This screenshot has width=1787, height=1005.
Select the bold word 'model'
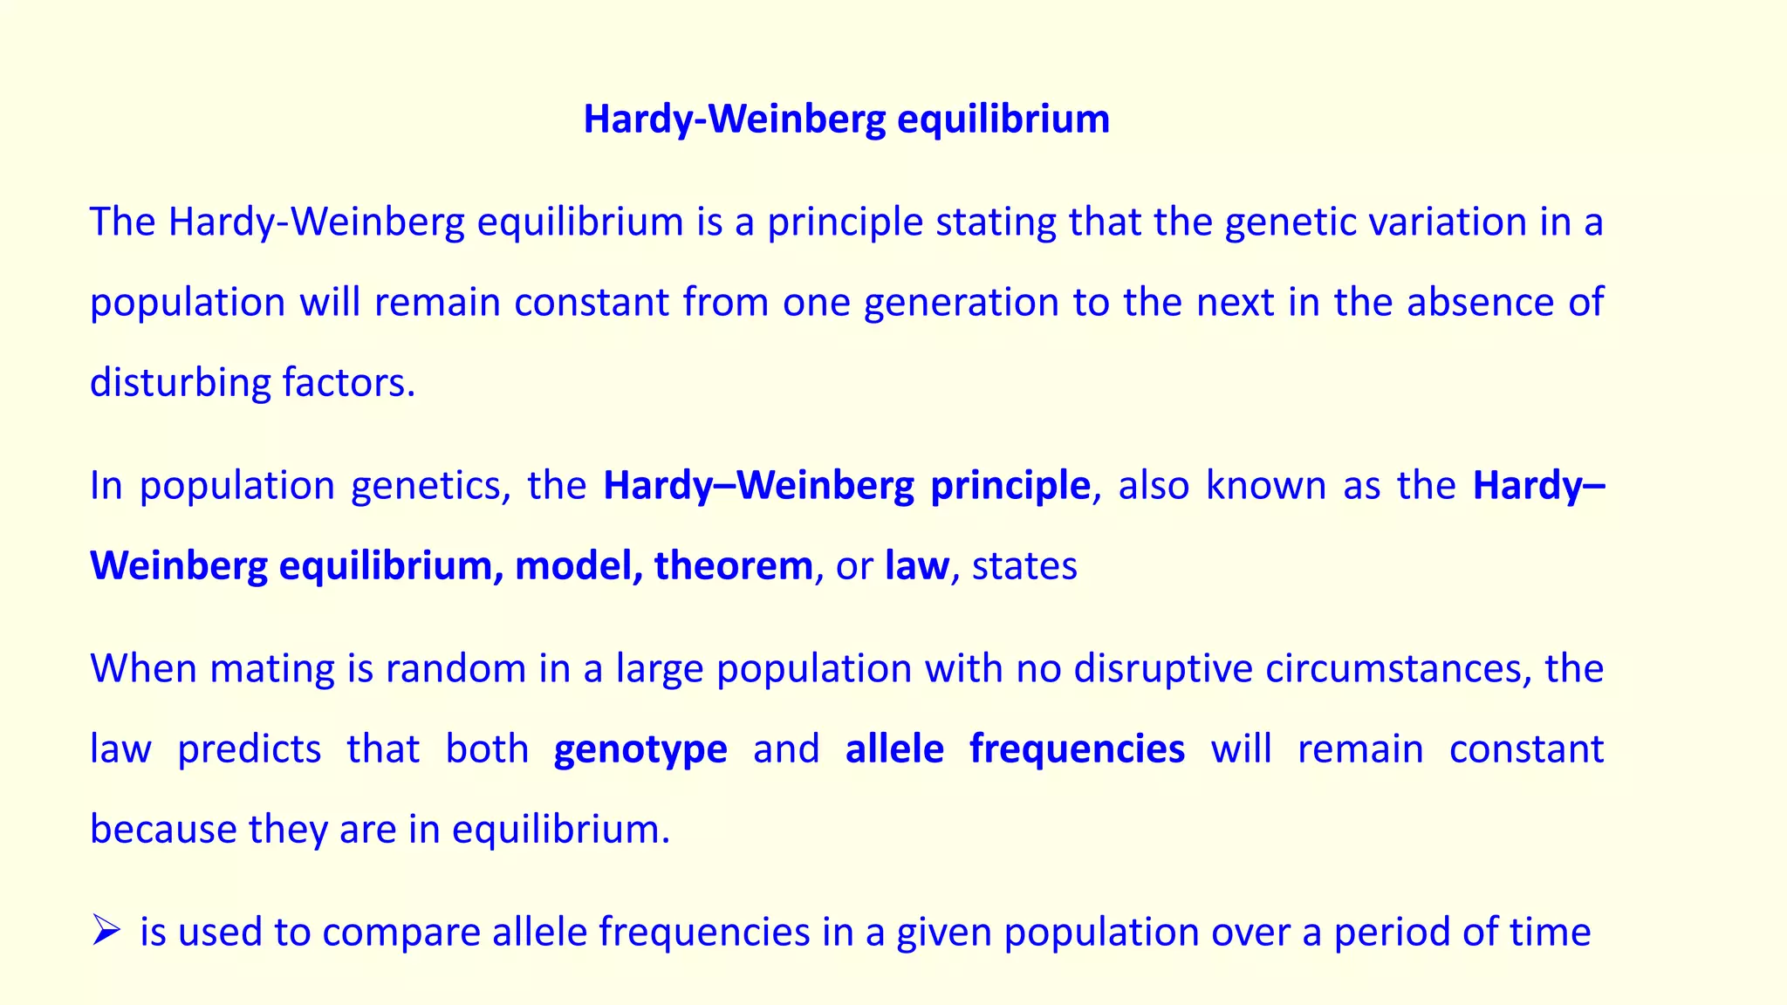click(573, 565)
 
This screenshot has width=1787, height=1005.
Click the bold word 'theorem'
click(733, 565)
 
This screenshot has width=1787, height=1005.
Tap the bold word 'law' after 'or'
click(916, 565)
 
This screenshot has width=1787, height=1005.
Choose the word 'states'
click(1024, 566)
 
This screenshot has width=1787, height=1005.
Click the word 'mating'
click(272, 669)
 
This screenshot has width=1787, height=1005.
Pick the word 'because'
click(163, 829)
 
